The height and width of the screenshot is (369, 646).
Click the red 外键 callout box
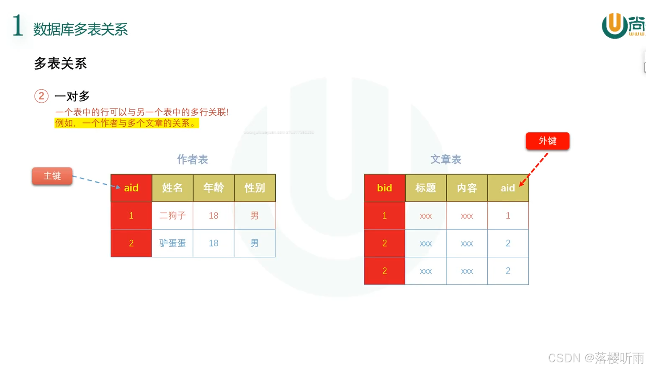[x=547, y=141]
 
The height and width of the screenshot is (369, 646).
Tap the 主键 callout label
[x=52, y=176]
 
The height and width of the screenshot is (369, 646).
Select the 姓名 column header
[x=172, y=188]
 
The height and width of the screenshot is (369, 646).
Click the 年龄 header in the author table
[x=214, y=188]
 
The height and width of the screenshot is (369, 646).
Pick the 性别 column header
[x=255, y=188]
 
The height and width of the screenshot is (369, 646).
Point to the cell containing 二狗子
[x=172, y=216]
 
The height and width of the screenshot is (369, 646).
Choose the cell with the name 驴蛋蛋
[x=172, y=243]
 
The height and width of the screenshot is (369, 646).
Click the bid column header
[x=384, y=188]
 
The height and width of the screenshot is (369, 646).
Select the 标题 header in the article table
[x=425, y=188]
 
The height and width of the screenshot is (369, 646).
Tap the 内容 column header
[x=467, y=188]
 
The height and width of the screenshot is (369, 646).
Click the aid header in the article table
[x=508, y=188]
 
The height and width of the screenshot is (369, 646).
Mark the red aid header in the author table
[x=131, y=188]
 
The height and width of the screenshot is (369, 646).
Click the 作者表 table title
[x=193, y=160]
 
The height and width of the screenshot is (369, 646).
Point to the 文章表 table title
[x=446, y=160]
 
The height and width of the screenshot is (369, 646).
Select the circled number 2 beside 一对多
[x=41, y=96]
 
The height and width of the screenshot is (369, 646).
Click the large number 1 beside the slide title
[x=18, y=26]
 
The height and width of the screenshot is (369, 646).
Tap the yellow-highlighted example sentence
[x=126, y=123]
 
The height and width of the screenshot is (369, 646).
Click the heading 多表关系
[x=60, y=64]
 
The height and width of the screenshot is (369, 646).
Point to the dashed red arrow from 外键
[x=534, y=169]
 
